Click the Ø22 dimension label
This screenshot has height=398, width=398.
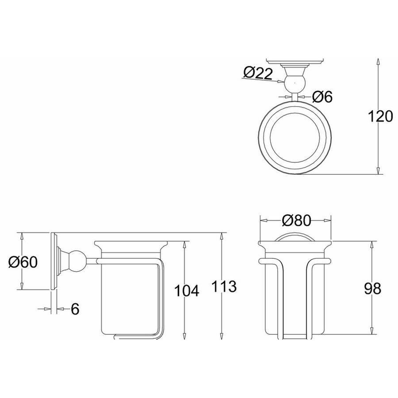(x=258, y=73)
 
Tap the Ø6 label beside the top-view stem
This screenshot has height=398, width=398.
(x=322, y=96)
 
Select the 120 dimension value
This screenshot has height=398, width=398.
(x=380, y=116)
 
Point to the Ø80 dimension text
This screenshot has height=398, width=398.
(x=296, y=220)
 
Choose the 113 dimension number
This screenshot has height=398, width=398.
(x=224, y=286)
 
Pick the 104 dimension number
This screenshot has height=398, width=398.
(x=187, y=291)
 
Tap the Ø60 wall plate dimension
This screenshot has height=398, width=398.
(x=23, y=262)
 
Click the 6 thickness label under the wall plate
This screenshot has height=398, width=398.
(x=75, y=309)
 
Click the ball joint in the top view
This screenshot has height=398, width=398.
(x=295, y=83)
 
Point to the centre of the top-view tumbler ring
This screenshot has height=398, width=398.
(x=295, y=138)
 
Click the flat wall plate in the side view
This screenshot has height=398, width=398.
(x=54, y=260)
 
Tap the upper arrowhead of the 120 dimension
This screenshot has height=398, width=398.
(x=378, y=62)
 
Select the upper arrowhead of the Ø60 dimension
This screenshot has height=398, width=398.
(x=22, y=236)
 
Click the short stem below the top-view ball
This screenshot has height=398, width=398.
(x=295, y=97)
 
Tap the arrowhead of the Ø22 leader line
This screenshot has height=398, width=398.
(x=281, y=81)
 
